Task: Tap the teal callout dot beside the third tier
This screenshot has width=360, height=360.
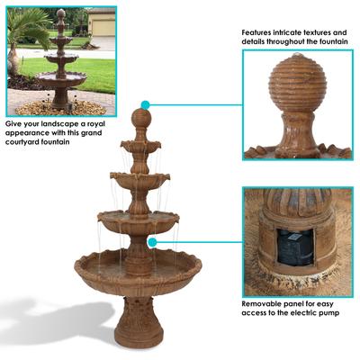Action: click(154, 242)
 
